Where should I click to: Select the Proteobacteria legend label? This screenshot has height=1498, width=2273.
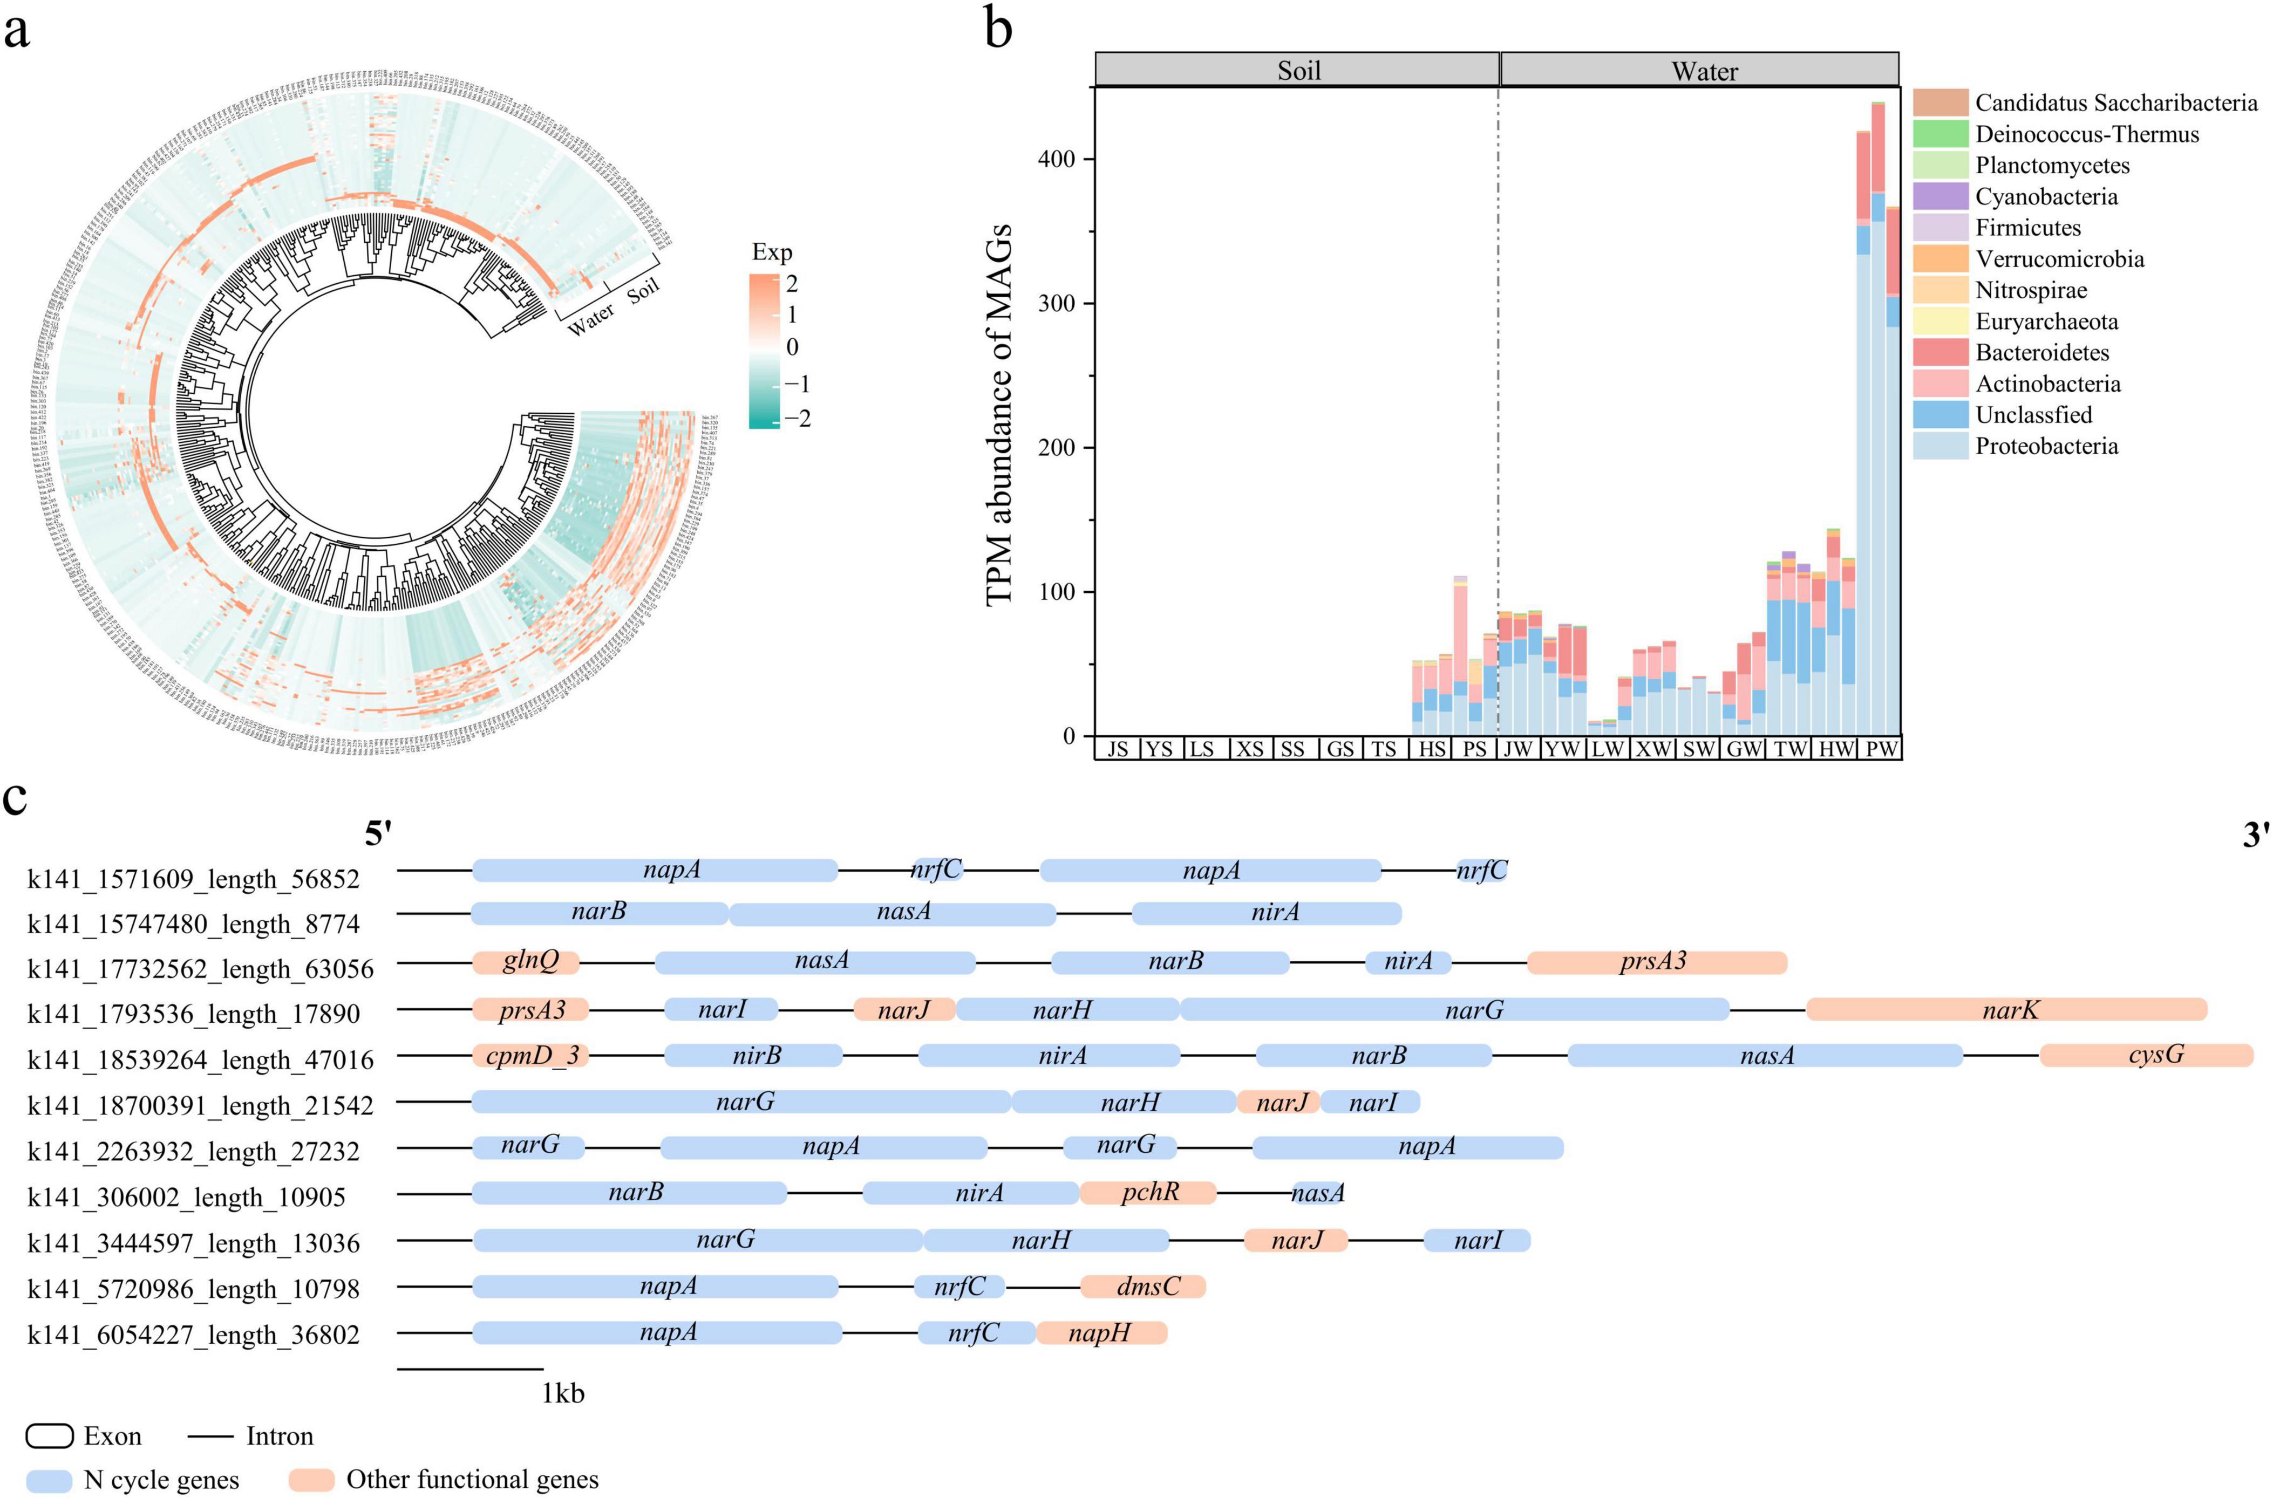[2046, 446]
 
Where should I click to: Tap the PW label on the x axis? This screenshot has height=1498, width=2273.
[1881, 749]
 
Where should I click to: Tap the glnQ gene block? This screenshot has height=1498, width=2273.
[527, 961]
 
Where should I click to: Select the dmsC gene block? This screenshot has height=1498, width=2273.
[1144, 1287]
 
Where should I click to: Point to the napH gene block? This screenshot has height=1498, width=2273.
[1101, 1333]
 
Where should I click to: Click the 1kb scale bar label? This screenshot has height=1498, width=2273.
[563, 1394]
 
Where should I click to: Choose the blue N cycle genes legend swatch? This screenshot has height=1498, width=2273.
[49, 1480]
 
